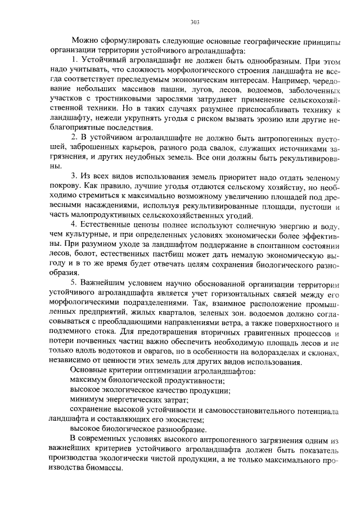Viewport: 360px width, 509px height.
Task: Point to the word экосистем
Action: tap(186, 419)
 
